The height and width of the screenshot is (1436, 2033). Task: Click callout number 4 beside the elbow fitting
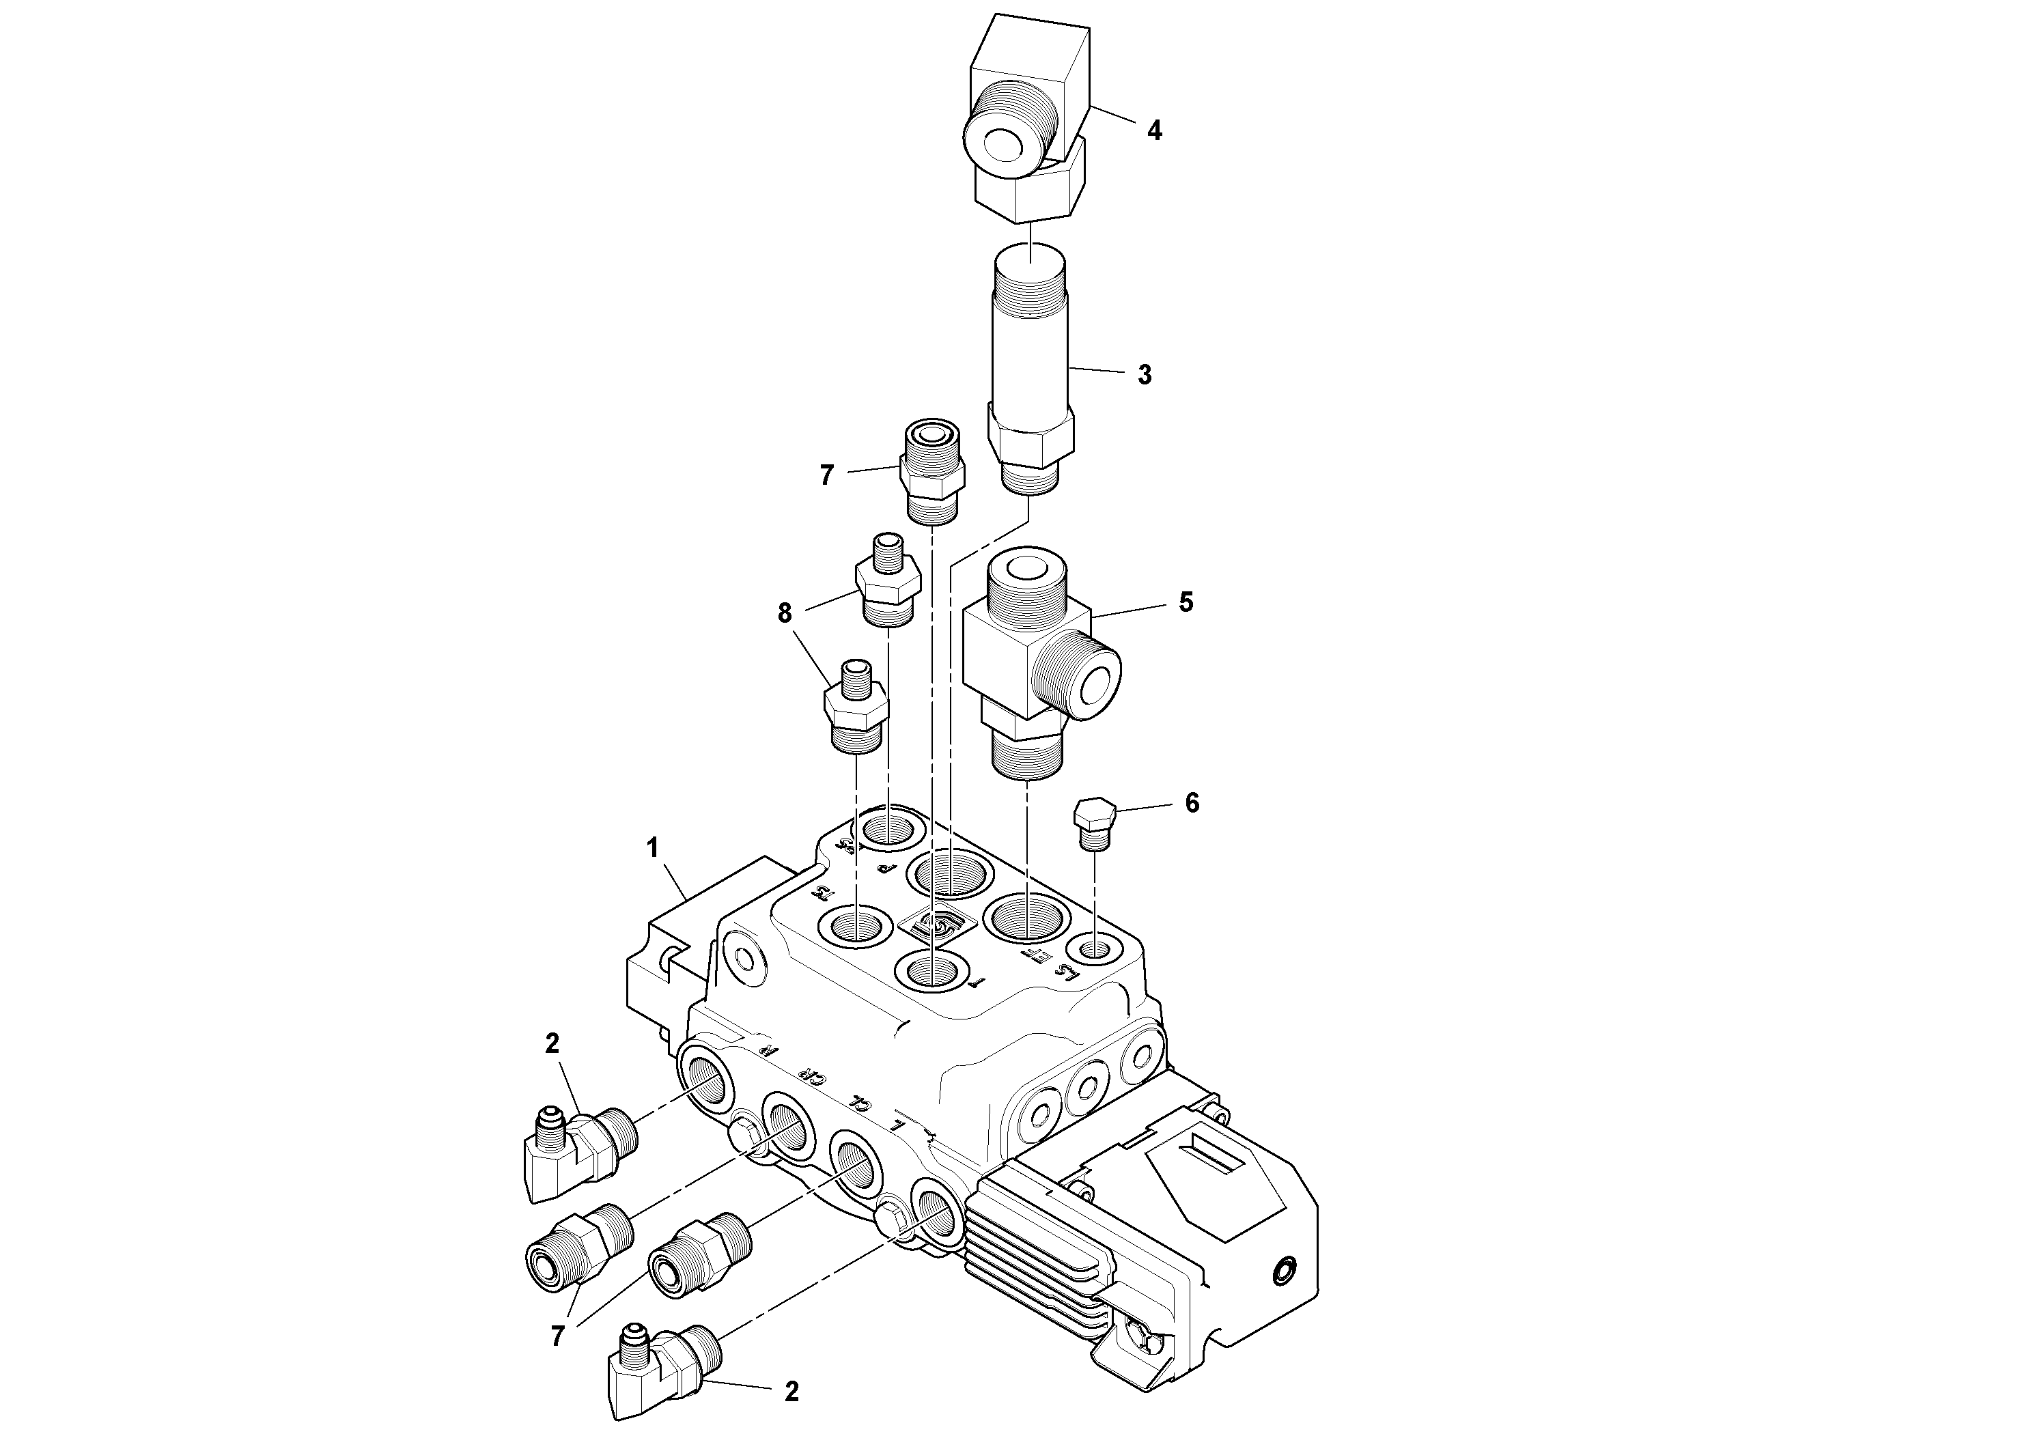tap(1153, 131)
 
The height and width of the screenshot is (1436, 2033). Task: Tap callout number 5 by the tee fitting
tap(1186, 603)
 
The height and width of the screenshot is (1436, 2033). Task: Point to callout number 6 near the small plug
tap(1192, 803)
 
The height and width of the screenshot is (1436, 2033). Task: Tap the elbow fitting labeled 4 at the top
tap(1027, 115)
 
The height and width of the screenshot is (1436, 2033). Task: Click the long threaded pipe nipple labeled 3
tap(1030, 354)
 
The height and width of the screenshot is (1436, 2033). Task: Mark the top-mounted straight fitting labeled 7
tap(932, 474)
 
